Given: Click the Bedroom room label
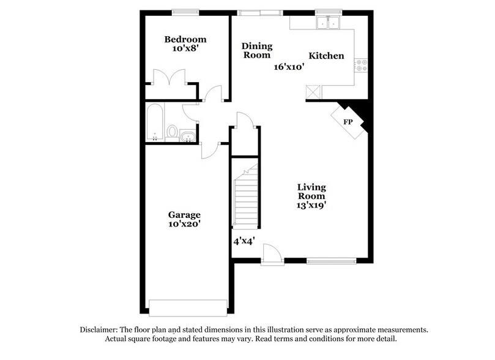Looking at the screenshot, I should (x=185, y=40).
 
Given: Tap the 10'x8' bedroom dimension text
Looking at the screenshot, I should (x=185, y=51).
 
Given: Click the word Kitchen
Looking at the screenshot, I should (x=326, y=56).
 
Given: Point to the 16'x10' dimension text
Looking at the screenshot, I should (x=289, y=67).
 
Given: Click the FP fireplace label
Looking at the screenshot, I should (x=348, y=122).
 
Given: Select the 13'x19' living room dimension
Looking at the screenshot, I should (x=311, y=206).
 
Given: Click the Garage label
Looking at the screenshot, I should (x=184, y=215).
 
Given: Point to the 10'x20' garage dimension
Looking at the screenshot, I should (x=184, y=225).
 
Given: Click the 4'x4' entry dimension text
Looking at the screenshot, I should (x=244, y=241).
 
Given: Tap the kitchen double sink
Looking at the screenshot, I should (x=327, y=23).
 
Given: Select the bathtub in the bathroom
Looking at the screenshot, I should (x=154, y=122).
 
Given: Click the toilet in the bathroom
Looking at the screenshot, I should (x=173, y=131).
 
